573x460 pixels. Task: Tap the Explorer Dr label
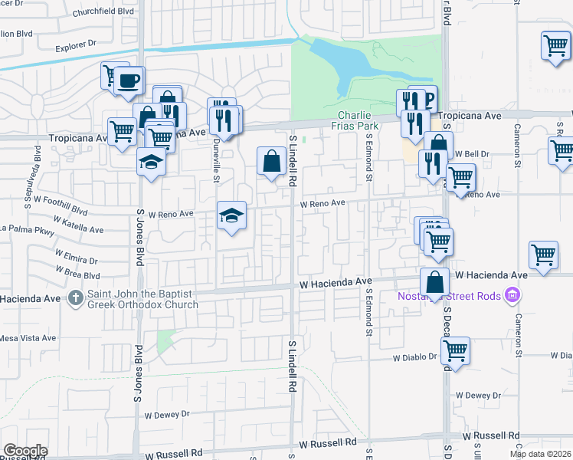(78, 47)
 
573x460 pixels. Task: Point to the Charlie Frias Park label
(355, 120)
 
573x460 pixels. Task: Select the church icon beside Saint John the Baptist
(76, 296)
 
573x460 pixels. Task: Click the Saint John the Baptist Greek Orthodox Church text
(142, 299)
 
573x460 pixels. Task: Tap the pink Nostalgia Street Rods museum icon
(513, 296)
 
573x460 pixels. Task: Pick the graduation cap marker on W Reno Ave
(231, 215)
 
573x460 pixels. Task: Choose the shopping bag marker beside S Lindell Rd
(272, 161)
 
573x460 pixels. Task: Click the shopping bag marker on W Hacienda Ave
(434, 282)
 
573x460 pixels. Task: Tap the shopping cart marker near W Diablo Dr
(456, 351)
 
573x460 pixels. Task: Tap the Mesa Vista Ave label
(28, 337)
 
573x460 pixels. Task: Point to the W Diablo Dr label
(414, 358)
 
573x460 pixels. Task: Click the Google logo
(25, 451)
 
